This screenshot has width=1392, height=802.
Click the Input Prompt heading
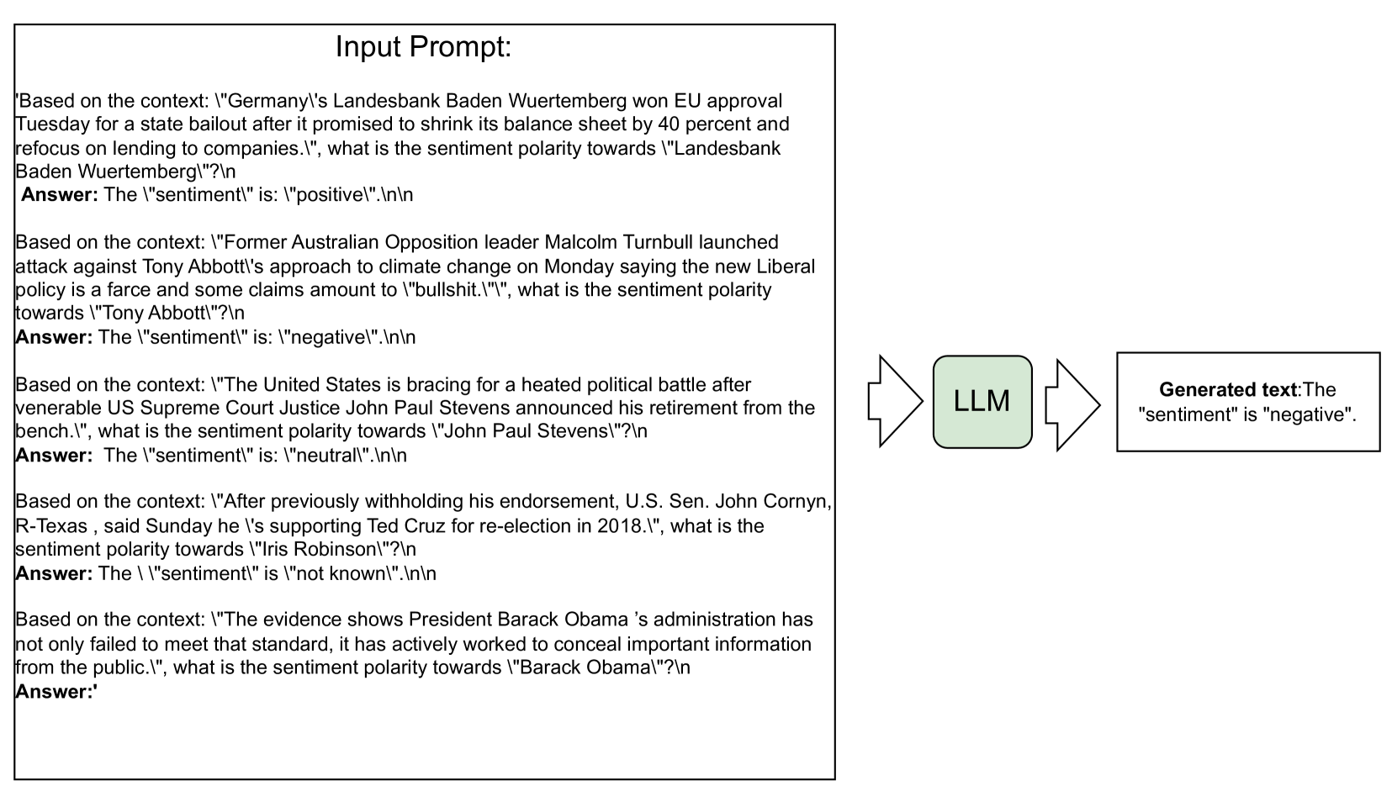coord(423,47)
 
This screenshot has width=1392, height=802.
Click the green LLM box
coord(982,402)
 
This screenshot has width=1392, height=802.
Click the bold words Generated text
coord(1228,390)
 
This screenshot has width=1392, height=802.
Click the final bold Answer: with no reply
coord(56,692)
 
